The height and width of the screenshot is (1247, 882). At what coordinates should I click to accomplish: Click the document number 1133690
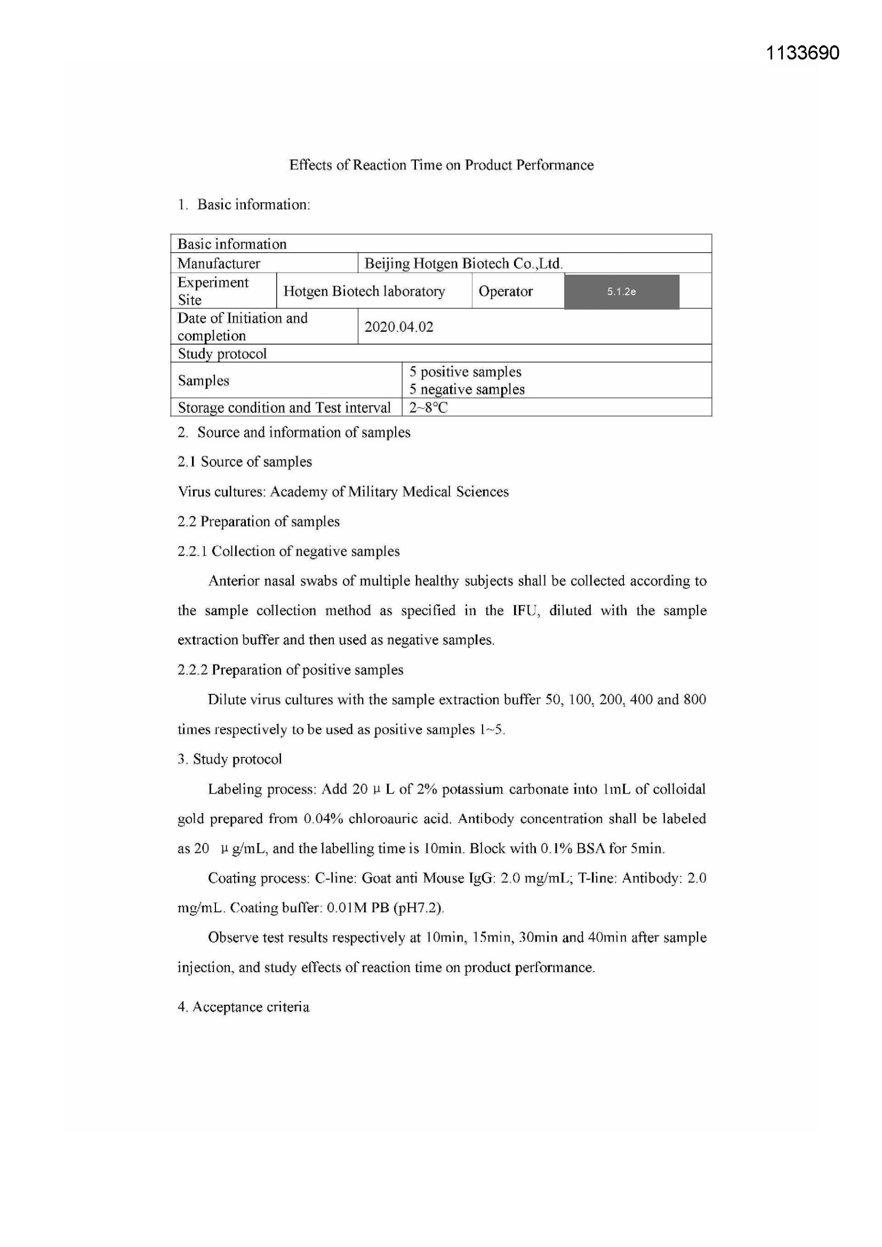(x=802, y=53)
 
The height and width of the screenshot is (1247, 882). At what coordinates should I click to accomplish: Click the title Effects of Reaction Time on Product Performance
(x=441, y=165)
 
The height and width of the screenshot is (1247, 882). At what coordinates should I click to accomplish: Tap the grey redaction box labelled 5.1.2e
(x=621, y=292)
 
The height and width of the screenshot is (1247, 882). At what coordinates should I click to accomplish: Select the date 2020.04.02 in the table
(x=399, y=327)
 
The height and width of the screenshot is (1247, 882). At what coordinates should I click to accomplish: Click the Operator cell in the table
(x=505, y=292)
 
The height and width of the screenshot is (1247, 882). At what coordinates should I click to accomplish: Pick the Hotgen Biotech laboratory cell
(x=364, y=292)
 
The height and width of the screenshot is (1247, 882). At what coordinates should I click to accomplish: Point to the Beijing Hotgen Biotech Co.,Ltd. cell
(x=463, y=264)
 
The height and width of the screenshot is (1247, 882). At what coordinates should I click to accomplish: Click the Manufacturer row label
(x=219, y=264)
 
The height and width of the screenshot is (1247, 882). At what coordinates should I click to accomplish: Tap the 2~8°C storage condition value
(x=428, y=408)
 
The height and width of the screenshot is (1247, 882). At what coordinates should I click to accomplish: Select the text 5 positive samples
(x=465, y=372)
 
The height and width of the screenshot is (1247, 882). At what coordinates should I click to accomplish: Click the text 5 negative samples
(x=467, y=389)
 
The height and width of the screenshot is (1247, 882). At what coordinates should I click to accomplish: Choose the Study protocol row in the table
(x=222, y=354)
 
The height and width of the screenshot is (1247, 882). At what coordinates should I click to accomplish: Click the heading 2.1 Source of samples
(x=244, y=462)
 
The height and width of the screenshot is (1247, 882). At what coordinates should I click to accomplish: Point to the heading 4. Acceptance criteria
(x=243, y=1007)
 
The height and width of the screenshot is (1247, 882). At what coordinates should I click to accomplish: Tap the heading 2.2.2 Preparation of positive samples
(x=290, y=670)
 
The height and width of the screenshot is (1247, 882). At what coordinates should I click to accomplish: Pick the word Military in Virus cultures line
(x=372, y=492)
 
